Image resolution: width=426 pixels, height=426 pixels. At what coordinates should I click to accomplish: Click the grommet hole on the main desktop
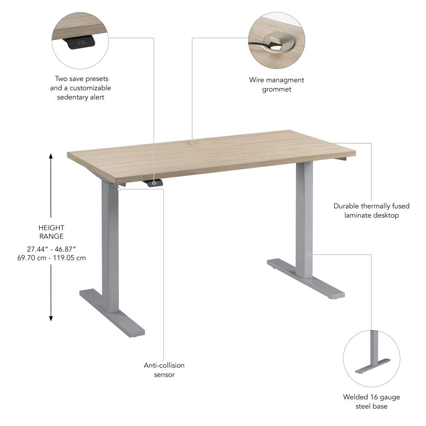tap(192, 142)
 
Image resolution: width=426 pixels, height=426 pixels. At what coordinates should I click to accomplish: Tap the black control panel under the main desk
tap(155, 183)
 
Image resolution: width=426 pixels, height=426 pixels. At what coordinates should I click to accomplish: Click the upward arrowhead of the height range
tap(51, 156)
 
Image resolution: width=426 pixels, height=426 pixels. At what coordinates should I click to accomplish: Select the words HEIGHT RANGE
tap(51, 232)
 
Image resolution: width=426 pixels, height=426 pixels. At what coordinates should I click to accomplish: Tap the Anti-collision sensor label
tap(164, 370)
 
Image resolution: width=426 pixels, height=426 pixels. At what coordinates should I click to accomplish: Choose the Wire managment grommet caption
tap(276, 84)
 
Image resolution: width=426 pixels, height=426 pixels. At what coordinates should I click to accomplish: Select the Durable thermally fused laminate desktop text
tap(371, 210)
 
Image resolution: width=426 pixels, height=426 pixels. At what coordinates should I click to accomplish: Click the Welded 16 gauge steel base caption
tap(371, 402)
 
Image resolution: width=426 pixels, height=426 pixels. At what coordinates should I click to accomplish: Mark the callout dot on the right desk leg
tap(309, 254)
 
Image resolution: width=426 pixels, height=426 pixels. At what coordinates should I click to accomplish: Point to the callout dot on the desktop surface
tap(299, 143)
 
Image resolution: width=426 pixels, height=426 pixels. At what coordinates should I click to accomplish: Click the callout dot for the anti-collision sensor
tap(119, 189)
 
